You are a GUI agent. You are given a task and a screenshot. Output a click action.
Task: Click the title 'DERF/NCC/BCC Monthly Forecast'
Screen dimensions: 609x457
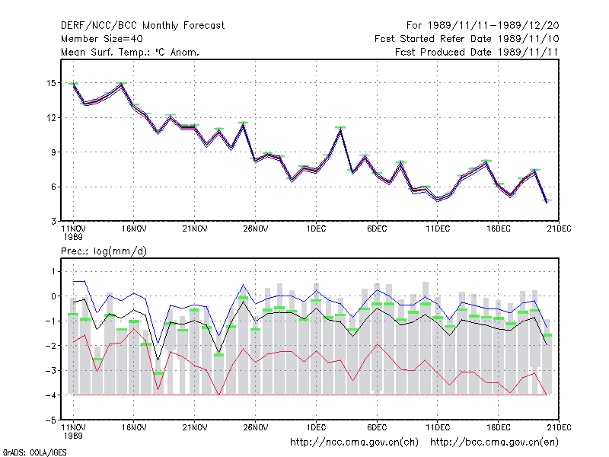point(142,26)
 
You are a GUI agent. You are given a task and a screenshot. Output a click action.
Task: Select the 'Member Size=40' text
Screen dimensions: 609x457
point(102,39)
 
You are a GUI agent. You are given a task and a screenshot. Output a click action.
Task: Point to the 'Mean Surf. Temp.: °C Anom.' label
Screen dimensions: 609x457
point(129,52)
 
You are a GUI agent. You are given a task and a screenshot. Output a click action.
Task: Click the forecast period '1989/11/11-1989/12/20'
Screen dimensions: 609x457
point(493,26)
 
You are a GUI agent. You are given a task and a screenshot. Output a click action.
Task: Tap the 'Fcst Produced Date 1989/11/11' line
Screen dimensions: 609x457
point(477,52)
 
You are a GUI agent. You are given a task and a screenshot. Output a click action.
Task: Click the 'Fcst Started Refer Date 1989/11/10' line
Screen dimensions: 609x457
point(467,39)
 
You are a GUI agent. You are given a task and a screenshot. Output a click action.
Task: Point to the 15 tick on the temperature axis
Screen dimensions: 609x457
point(51,83)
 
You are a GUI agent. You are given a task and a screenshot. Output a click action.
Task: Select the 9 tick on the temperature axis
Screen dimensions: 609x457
point(53,152)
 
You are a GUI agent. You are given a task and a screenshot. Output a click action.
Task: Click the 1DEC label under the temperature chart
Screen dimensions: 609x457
point(316,228)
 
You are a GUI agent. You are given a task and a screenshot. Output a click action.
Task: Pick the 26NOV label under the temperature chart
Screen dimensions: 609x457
point(255,228)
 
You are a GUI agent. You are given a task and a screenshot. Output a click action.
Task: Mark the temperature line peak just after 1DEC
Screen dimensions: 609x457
point(340,129)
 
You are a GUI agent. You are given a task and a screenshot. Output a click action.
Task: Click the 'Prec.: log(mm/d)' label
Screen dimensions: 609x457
point(104,251)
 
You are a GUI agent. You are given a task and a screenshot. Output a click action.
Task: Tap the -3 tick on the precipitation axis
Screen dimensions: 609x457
point(51,370)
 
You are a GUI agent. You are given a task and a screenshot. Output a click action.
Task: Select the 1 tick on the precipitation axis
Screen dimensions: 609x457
point(53,271)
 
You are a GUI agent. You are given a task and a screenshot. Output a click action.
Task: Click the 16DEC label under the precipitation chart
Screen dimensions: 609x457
point(499,427)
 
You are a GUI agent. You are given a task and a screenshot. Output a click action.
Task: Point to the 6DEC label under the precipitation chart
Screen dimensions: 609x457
point(377,427)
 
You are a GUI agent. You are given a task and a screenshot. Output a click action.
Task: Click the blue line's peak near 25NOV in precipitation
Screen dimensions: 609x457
point(244,285)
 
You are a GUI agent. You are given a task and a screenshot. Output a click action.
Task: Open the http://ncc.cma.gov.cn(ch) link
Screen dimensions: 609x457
point(354,443)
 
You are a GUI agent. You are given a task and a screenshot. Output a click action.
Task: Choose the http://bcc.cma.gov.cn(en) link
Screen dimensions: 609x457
point(494,443)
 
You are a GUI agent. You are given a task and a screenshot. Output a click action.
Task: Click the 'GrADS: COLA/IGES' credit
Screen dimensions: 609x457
point(34,452)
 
